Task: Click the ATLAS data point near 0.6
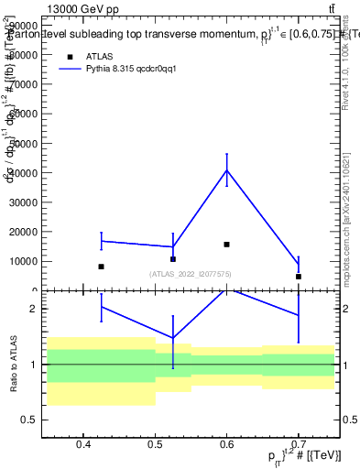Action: pos(226,245)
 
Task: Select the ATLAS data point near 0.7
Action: pos(299,277)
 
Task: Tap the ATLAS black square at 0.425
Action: pos(101,267)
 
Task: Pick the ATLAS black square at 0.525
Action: pos(172,259)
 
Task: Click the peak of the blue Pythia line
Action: pos(226,170)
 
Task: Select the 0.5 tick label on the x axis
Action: pos(155,445)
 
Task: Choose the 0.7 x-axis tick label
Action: pos(299,445)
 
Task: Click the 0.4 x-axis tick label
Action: pos(83,445)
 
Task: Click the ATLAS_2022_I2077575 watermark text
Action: pos(191,274)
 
